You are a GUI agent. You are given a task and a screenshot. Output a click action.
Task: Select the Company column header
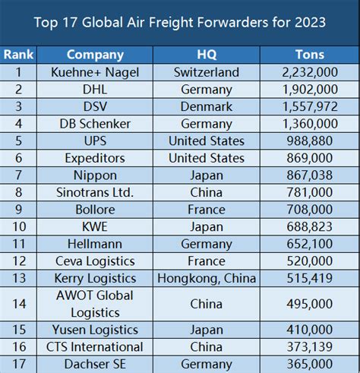click(95, 55)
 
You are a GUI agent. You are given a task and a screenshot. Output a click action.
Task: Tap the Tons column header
click(309, 55)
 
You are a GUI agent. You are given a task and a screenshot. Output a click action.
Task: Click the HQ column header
click(207, 55)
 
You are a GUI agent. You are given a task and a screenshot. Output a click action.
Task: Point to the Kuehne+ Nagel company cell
click(95, 72)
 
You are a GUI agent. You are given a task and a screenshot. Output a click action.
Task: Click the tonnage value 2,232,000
click(309, 72)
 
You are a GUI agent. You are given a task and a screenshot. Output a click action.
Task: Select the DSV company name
click(95, 106)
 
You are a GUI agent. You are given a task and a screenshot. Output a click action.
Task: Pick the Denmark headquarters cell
click(207, 106)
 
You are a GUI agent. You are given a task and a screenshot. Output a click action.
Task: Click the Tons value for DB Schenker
click(309, 124)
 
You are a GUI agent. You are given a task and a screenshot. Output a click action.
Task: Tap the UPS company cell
click(95, 141)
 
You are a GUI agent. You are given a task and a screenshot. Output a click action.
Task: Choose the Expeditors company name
click(95, 158)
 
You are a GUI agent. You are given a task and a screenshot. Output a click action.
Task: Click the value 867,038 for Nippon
click(309, 175)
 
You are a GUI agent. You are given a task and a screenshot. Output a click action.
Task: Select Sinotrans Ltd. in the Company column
click(95, 192)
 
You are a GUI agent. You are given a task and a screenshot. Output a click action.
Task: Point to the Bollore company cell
click(95, 210)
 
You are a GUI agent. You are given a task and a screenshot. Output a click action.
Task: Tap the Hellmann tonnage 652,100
click(309, 244)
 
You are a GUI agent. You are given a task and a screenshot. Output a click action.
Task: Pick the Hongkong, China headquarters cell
click(207, 279)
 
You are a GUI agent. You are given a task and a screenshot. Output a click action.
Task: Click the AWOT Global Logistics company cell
click(95, 304)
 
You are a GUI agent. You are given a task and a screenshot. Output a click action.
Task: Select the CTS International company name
click(95, 347)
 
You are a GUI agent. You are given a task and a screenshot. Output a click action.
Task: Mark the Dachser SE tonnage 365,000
click(309, 364)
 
